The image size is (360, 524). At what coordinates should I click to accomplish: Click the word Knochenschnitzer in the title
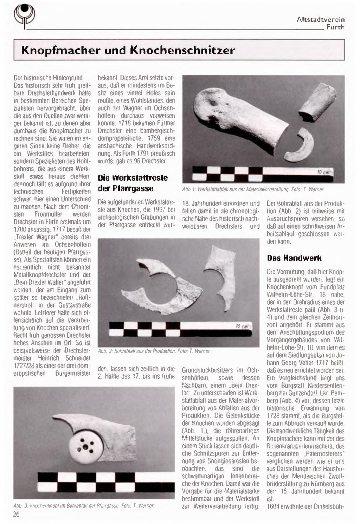point(182,50)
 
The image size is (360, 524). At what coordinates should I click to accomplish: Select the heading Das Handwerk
point(294,258)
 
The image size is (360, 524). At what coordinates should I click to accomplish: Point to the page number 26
point(16,515)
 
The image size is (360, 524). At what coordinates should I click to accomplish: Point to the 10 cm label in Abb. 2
point(242,326)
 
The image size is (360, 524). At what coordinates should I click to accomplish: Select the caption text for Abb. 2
point(154,351)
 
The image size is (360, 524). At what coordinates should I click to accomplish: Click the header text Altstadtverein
point(320,20)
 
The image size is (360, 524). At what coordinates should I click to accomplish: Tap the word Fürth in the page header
point(335,27)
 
